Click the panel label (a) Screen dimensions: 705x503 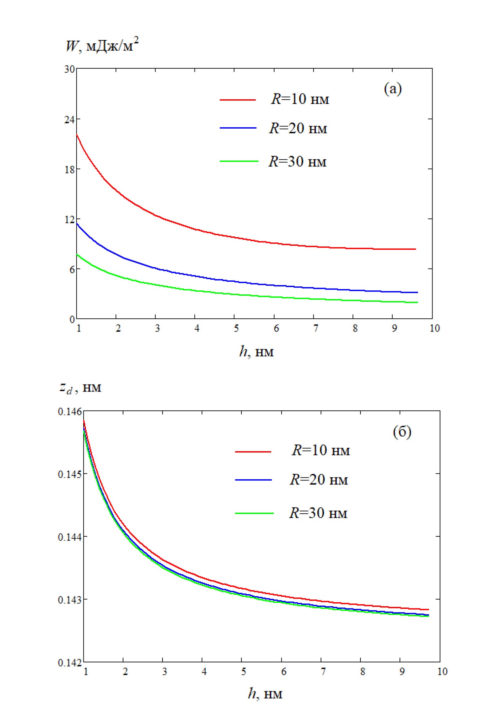(393, 90)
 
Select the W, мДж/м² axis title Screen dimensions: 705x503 (102, 47)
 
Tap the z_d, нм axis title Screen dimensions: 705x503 (81, 388)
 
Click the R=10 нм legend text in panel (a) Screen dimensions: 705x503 (300, 99)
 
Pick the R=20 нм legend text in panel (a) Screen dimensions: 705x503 (298, 129)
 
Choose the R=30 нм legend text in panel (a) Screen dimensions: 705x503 (297, 161)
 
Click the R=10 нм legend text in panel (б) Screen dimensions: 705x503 (320, 451)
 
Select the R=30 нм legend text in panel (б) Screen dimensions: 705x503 (318, 513)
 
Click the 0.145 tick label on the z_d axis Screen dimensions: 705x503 (70, 474)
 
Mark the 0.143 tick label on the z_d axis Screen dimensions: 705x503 (70, 600)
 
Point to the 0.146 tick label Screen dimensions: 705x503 (70, 412)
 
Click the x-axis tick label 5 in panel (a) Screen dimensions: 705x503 (236, 329)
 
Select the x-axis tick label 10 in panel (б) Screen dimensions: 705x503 (442, 671)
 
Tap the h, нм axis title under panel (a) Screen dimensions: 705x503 (256, 352)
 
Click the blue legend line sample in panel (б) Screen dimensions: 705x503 (253, 480)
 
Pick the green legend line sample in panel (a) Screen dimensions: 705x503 (239, 161)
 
